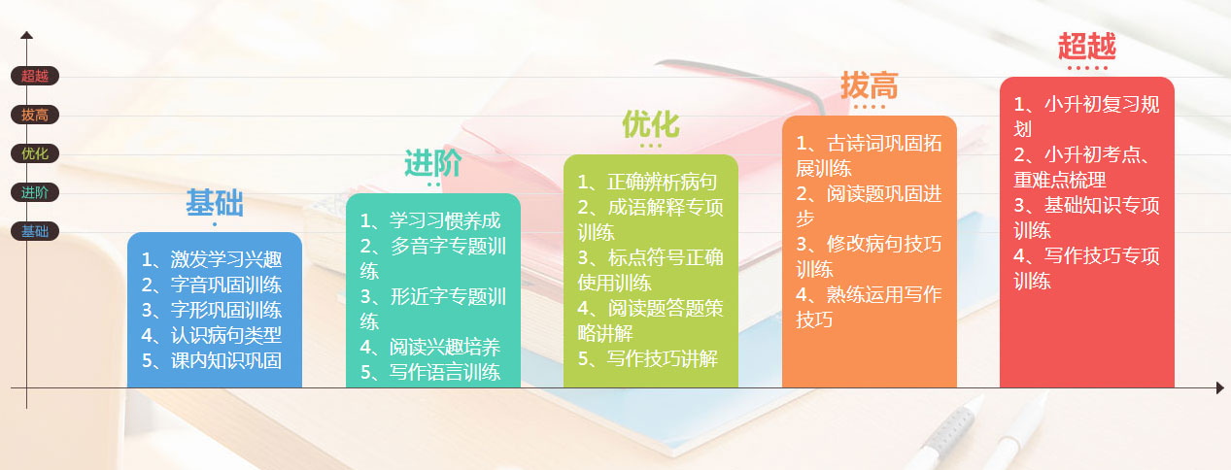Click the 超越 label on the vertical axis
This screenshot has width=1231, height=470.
tap(35, 76)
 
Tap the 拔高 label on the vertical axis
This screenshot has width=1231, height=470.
tap(35, 115)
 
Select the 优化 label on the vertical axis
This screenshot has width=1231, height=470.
tap(35, 153)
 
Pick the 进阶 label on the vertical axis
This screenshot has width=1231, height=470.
tap(35, 192)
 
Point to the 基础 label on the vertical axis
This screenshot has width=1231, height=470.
tap(35, 231)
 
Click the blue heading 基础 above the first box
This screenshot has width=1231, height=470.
tap(215, 203)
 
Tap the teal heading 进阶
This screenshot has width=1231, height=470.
tap(433, 163)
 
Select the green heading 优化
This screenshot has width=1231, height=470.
tap(651, 124)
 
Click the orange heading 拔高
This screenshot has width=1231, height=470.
tap(870, 85)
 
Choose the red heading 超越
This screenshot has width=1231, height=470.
tap(1087, 47)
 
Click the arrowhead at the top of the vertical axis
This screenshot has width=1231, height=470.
tap(27, 36)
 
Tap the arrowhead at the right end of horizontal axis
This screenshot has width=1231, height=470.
tap(1219, 388)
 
